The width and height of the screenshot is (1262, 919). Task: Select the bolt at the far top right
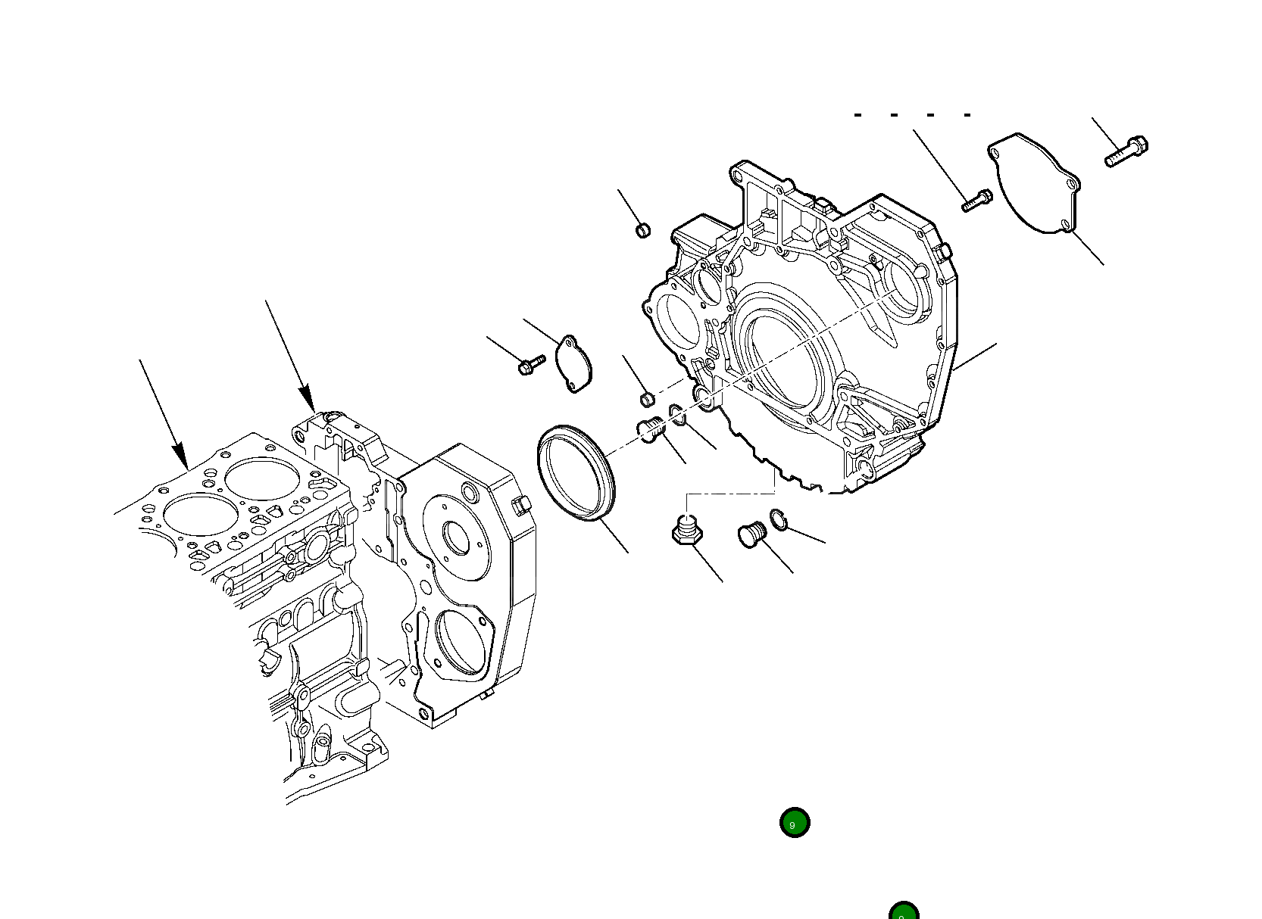pos(1127,151)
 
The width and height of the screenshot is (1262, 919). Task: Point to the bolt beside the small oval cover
pos(531,365)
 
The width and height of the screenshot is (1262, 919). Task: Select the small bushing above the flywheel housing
pos(642,229)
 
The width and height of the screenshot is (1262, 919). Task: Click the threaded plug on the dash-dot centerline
pos(651,431)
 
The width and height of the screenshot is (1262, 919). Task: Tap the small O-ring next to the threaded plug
pos(677,415)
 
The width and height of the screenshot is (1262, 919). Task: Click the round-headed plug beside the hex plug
pos(752,534)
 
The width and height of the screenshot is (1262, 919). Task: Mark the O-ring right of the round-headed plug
pos(779,520)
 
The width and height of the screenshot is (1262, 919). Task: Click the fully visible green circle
pos(795,823)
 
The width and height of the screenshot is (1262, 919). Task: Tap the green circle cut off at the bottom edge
pos(903,911)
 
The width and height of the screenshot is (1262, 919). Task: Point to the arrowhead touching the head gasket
pos(180,456)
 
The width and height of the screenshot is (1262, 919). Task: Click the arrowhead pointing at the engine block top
pos(306,398)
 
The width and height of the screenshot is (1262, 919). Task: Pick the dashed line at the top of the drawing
pos(913,115)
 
